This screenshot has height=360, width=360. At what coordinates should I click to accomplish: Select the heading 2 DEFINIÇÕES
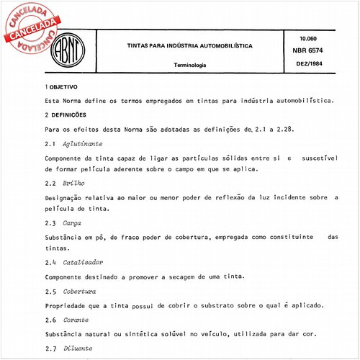point(66,114)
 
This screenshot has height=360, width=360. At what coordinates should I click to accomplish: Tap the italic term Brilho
point(73,183)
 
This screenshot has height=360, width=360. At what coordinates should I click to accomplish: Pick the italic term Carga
point(71,223)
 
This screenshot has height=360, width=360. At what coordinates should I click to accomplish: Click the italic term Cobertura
point(79,291)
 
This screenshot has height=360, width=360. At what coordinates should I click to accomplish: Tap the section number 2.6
point(50,318)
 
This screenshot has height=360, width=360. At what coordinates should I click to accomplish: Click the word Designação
point(67,197)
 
